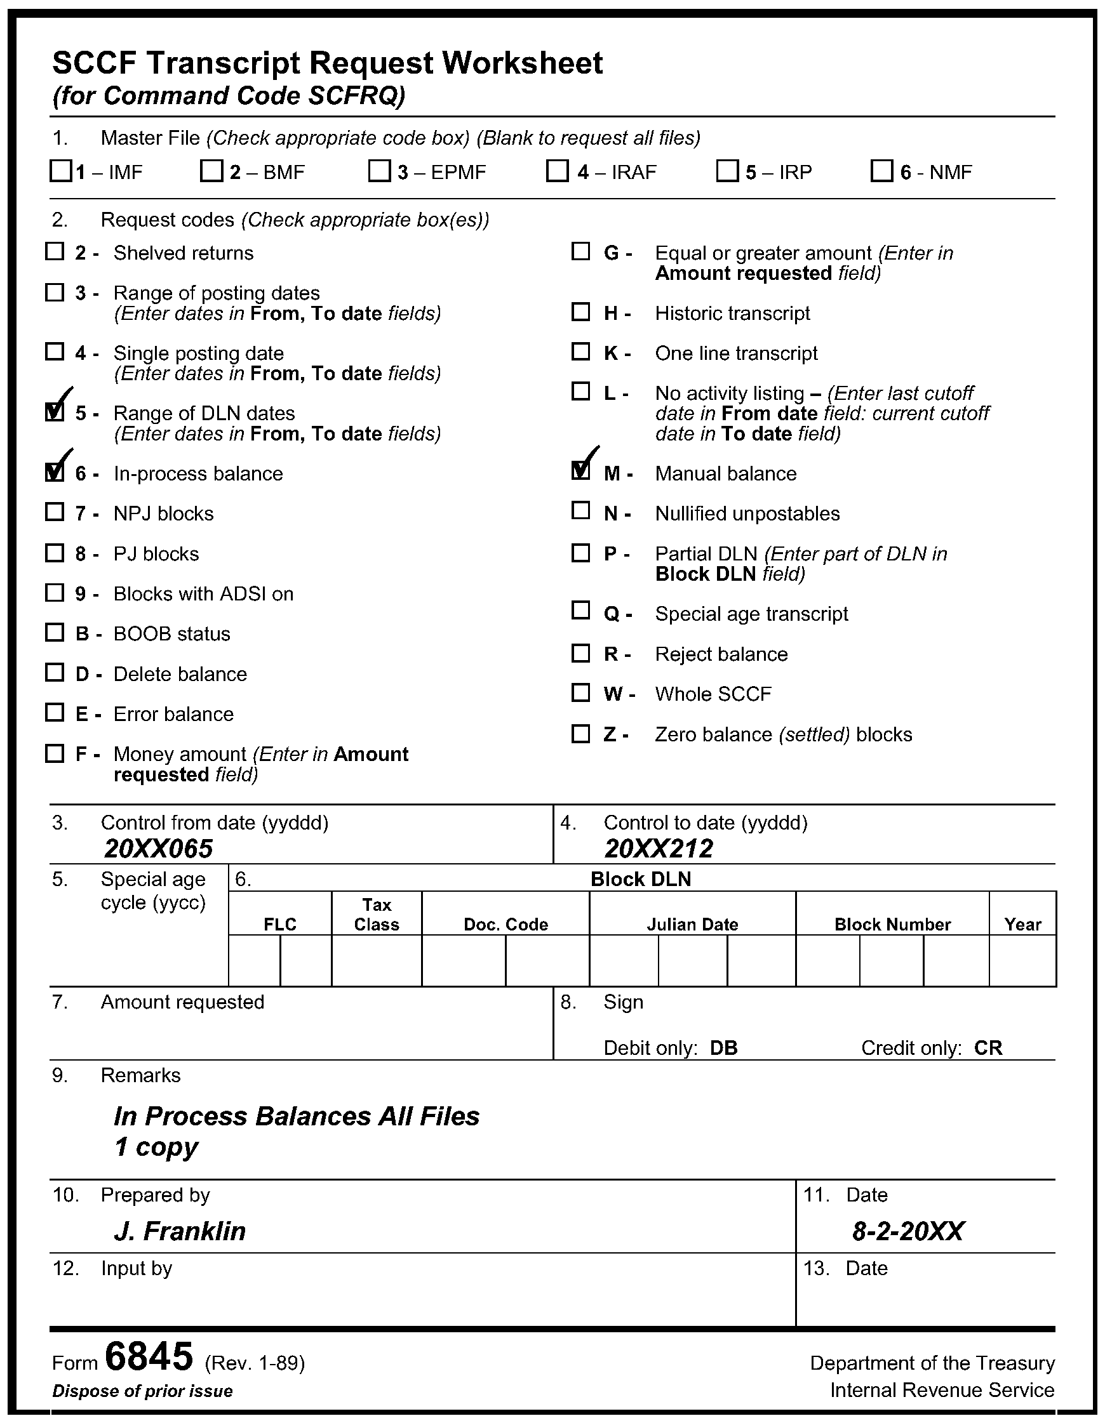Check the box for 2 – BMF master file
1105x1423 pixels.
click(211, 171)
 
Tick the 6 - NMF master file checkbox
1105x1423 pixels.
click(881, 171)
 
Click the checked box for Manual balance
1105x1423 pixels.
click(580, 470)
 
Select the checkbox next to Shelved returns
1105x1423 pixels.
click(55, 251)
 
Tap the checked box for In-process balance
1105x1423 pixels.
click(55, 472)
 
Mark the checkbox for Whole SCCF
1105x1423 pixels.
click(580, 692)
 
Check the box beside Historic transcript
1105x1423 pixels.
click(580, 312)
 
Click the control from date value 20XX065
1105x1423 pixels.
click(158, 849)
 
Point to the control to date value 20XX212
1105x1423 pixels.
click(659, 849)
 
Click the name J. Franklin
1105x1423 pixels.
click(180, 1231)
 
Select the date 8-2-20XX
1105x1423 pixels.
click(907, 1231)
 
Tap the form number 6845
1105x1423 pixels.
click(149, 1356)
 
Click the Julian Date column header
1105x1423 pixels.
click(692, 924)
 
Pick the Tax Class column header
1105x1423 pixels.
click(376, 914)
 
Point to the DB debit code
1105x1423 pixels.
click(723, 1048)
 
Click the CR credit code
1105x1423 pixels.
click(988, 1048)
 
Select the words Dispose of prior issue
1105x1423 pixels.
click(142, 1391)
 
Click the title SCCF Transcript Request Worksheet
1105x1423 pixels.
click(327, 63)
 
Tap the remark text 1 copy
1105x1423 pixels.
click(156, 1147)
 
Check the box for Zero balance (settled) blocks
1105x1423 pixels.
click(580, 734)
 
